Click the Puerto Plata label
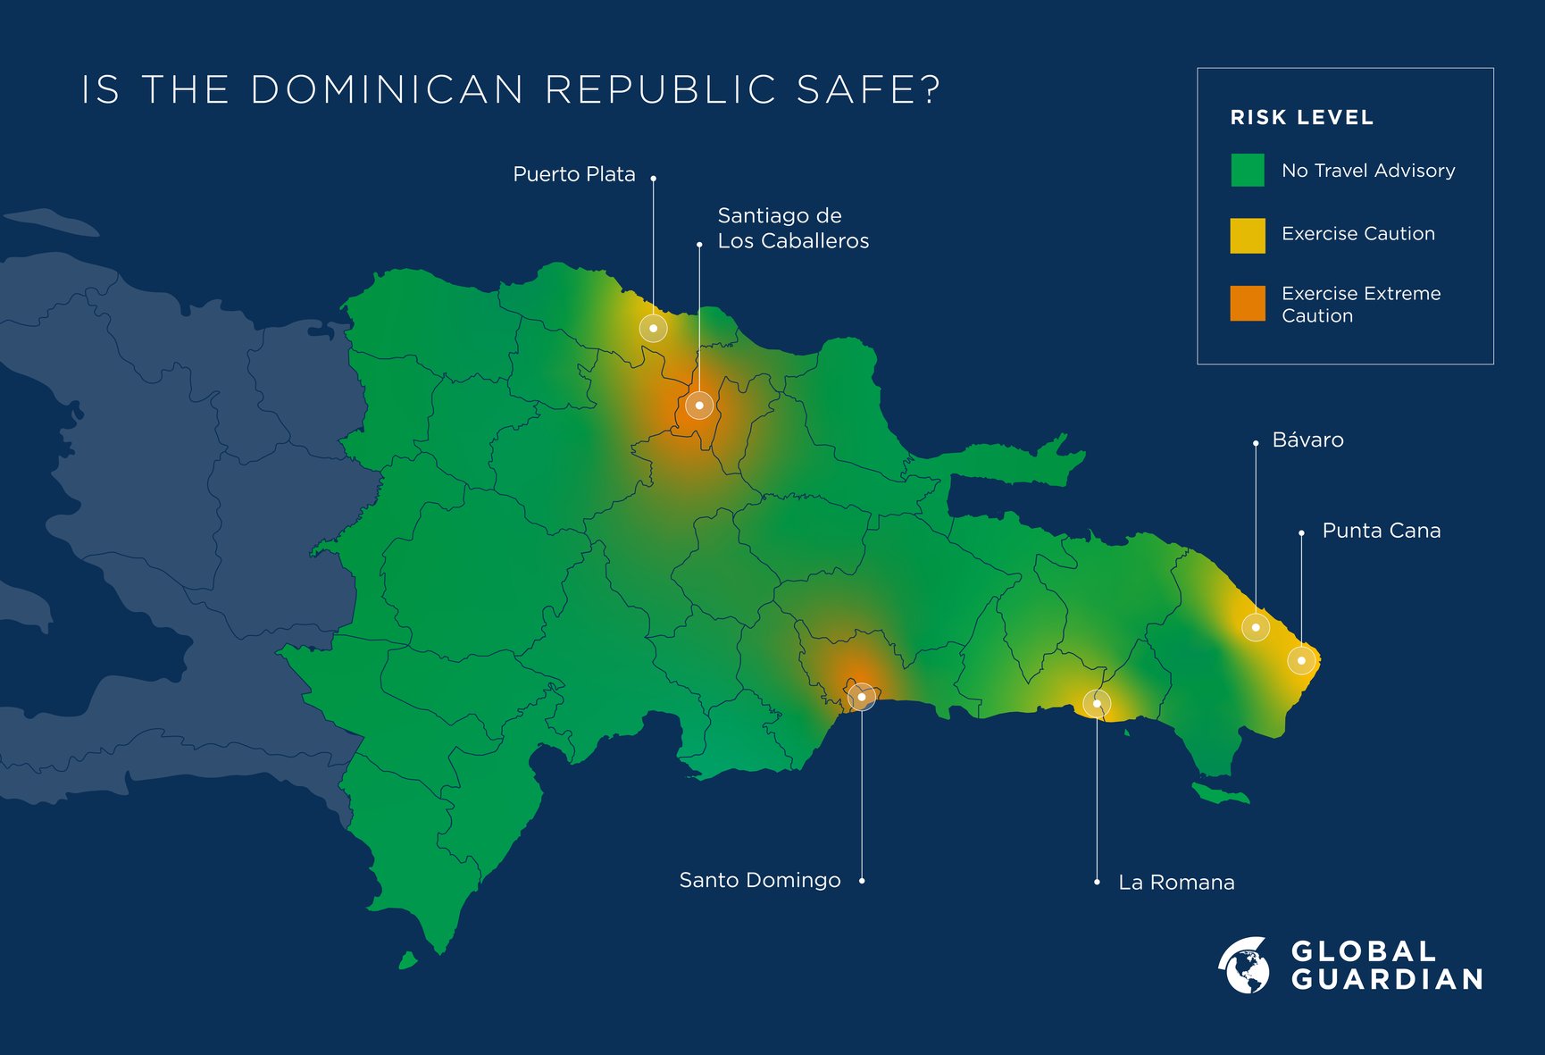573,174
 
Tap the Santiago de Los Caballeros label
792,229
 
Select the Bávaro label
1307,440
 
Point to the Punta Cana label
1381,531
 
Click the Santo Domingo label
759,881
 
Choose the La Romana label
1176,883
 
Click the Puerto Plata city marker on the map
654,329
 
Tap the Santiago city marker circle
699,406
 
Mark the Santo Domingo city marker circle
862,697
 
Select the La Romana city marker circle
1097,704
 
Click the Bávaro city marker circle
1256,627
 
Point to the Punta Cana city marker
1301,661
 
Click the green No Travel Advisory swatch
1247,170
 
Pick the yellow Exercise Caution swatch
1247,236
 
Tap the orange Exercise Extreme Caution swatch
1247,304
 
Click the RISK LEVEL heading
1301,118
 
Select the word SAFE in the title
868,90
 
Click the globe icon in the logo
1245,966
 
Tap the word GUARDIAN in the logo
1387,980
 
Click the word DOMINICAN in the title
387,90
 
